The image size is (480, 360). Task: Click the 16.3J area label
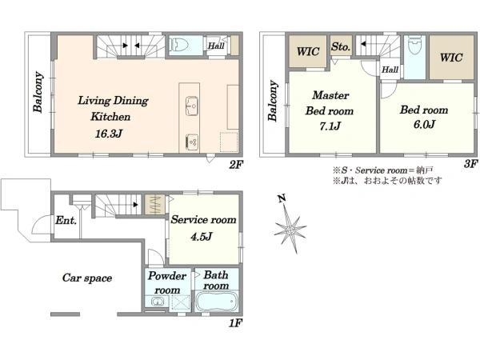pyautogui.click(x=109, y=134)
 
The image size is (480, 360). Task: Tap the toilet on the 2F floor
pyautogui.click(x=178, y=45)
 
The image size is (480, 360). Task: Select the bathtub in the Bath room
pyautogui.click(x=216, y=302)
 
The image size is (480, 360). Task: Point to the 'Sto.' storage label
pyautogui.click(x=341, y=47)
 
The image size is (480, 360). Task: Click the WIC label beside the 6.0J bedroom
pyautogui.click(x=451, y=58)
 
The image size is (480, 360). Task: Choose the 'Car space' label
pyautogui.click(x=87, y=278)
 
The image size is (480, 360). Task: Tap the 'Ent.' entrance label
pyautogui.click(x=66, y=220)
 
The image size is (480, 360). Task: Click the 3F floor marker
pyautogui.click(x=471, y=164)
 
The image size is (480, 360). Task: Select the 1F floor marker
pyautogui.click(x=236, y=322)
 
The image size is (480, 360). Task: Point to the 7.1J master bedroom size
pyautogui.click(x=330, y=126)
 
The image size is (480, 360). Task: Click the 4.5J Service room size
pyautogui.click(x=201, y=237)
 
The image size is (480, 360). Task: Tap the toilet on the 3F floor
pyautogui.click(x=415, y=46)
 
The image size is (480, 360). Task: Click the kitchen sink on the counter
pyautogui.click(x=192, y=106)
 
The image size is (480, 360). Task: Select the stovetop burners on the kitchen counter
pyautogui.click(x=192, y=142)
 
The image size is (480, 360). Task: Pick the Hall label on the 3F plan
pyautogui.click(x=390, y=70)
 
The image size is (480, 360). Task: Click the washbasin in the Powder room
pyautogui.click(x=157, y=302)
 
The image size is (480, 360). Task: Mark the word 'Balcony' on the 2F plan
pyautogui.click(x=38, y=92)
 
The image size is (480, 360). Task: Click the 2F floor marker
pyautogui.click(x=236, y=165)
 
